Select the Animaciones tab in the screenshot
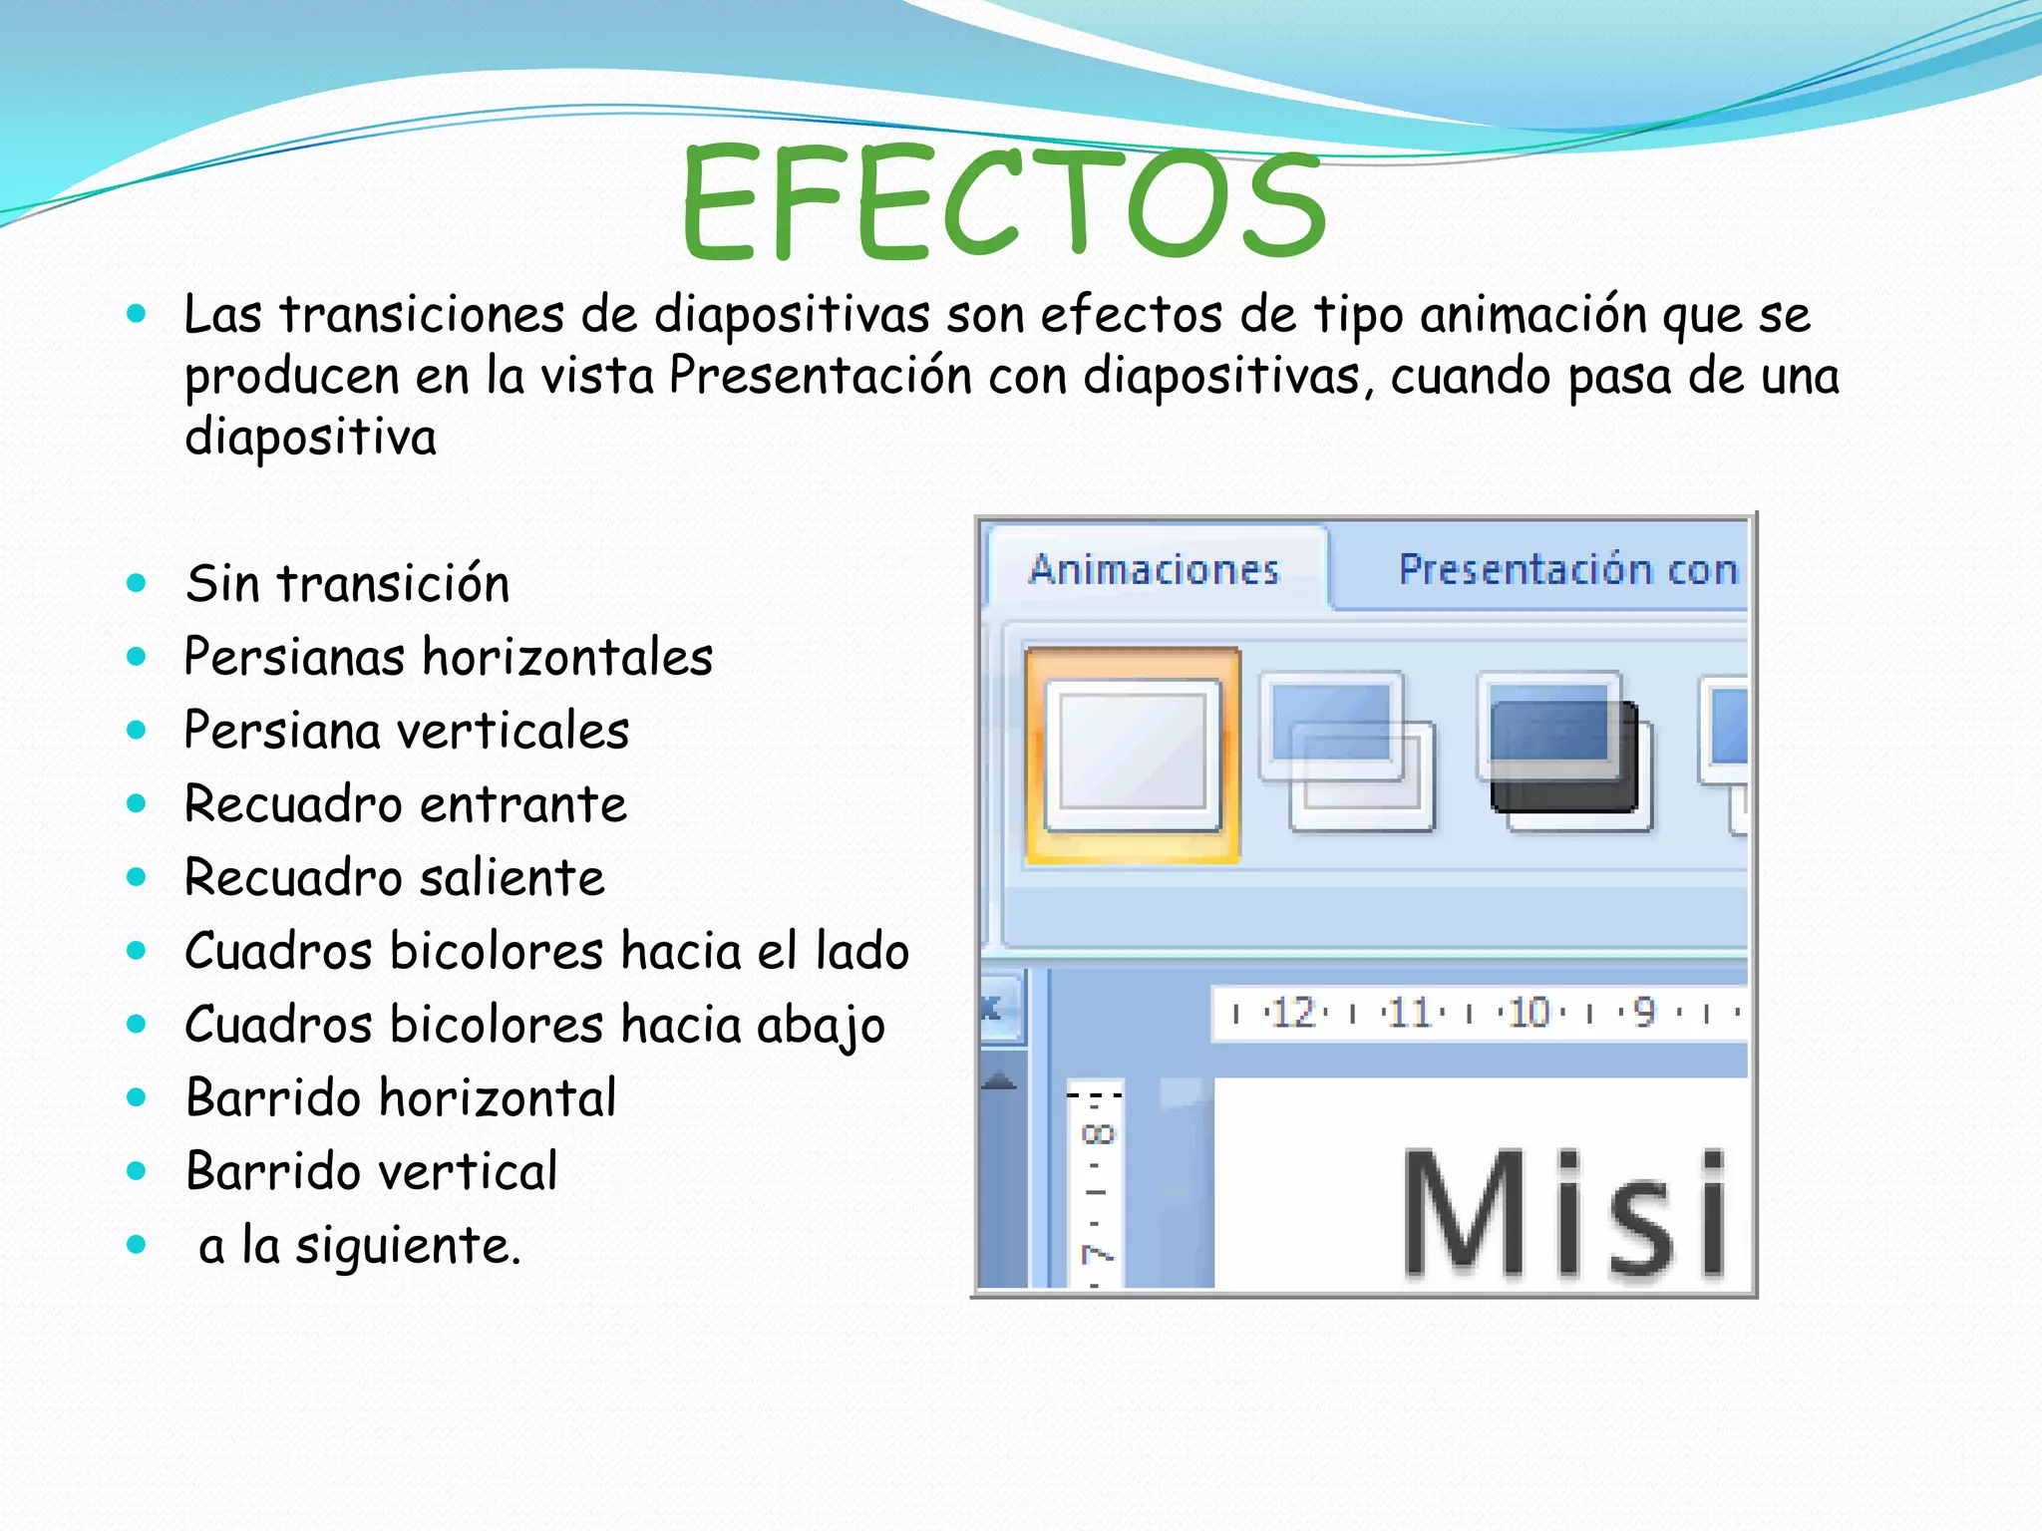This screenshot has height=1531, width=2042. pos(1154,569)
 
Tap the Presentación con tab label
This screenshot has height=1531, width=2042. pos(1567,569)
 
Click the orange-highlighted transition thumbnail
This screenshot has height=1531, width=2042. pos(1133,755)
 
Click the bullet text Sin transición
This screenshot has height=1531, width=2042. pos(347,584)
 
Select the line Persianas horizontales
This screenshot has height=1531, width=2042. pos(449,658)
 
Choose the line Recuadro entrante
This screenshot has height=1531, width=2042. pos(406,804)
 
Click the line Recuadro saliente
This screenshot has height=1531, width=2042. pos(395,878)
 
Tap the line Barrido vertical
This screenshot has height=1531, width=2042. pos(372,1171)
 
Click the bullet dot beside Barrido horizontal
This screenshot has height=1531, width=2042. pos(137,1098)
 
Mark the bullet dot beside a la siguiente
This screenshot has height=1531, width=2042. pos(137,1245)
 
